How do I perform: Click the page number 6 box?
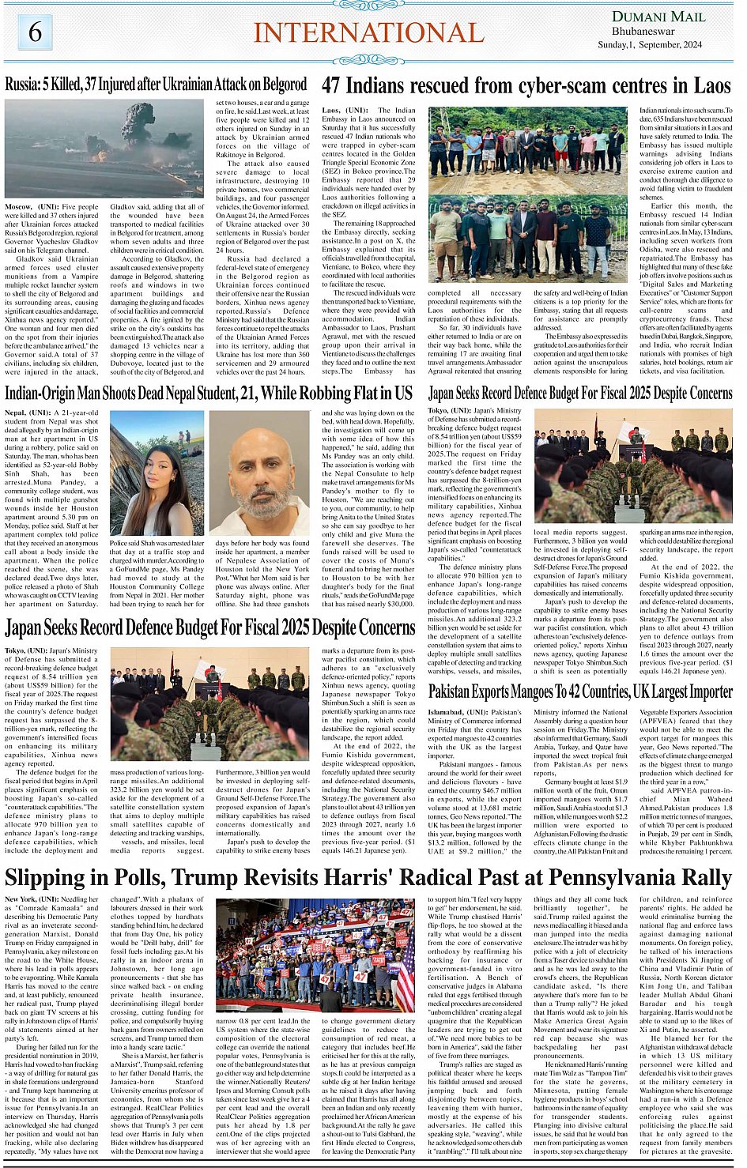tap(35, 32)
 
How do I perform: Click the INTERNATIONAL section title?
tap(368, 33)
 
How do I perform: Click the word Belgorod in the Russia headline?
tap(281, 84)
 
